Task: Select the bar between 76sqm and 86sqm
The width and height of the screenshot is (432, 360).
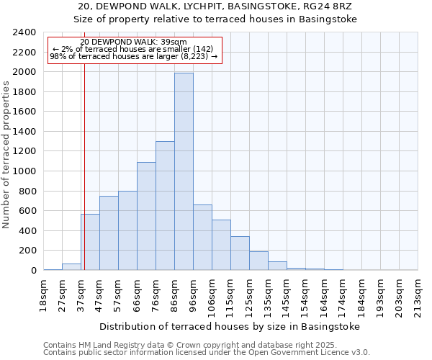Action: coord(165,206)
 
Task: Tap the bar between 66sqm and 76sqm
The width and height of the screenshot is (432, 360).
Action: coord(146,216)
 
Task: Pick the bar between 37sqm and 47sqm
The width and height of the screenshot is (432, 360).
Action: coord(90,242)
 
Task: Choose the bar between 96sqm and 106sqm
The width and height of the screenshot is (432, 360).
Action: coord(202,238)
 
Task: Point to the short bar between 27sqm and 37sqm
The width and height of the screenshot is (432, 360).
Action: coord(71,266)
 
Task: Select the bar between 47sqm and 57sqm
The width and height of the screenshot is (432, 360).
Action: coord(109,233)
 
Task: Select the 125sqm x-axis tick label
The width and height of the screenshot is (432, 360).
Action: coord(249,295)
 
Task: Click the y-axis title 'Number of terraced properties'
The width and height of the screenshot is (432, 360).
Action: coord(6,155)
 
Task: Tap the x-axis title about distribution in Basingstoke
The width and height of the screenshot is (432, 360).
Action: coord(230,326)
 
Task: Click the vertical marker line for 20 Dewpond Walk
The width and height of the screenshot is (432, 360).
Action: coord(84,166)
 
